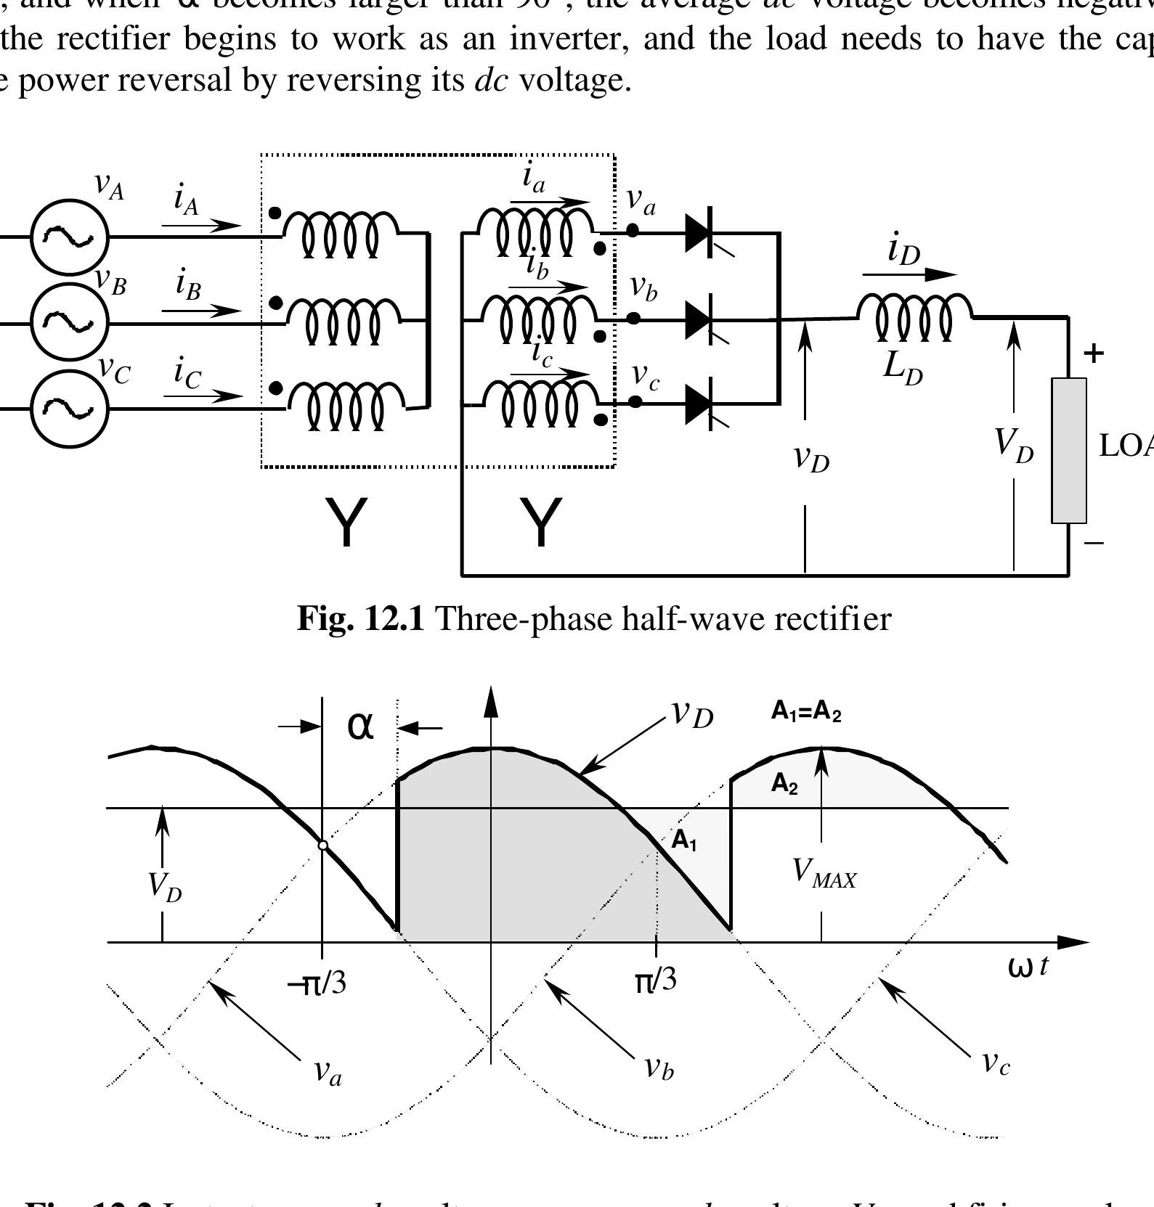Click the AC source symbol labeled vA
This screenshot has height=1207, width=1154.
click(x=69, y=237)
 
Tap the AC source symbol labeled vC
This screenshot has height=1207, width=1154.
click(x=69, y=408)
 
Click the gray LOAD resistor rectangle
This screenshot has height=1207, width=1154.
click(x=1069, y=450)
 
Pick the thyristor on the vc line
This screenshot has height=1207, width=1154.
click(x=700, y=404)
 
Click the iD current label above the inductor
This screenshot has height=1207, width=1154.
click(x=903, y=250)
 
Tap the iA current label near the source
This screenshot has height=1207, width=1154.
click(x=186, y=198)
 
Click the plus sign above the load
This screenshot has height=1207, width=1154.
click(x=1093, y=353)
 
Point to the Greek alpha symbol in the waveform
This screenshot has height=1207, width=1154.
click(x=360, y=725)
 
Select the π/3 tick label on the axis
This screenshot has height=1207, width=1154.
click(x=655, y=980)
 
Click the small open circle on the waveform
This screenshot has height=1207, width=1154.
click(x=323, y=846)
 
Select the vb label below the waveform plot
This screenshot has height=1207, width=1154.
click(x=659, y=1067)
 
